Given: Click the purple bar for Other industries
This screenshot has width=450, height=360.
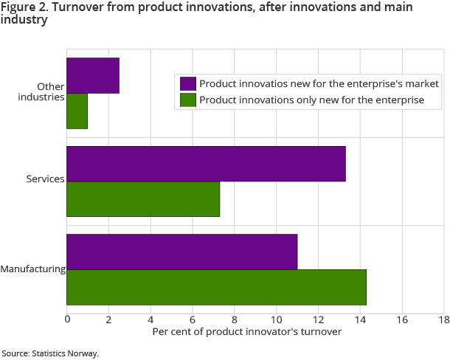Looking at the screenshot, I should click(x=93, y=76).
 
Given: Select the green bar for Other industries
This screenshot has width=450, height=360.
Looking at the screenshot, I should click(x=77, y=111).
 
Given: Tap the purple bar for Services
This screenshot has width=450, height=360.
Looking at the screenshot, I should click(x=206, y=164).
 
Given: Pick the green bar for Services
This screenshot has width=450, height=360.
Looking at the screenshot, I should click(x=143, y=199).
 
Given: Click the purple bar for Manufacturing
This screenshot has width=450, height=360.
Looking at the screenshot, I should click(x=182, y=252).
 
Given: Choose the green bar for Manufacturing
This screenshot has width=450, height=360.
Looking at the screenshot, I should click(x=216, y=287).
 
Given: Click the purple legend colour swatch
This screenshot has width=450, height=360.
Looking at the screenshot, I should click(x=187, y=83).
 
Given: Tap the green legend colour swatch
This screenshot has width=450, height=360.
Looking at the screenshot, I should click(x=187, y=100).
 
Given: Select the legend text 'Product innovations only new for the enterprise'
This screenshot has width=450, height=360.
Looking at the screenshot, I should click(x=311, y=100).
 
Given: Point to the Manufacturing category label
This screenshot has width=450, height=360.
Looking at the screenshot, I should click(x=33, y=269).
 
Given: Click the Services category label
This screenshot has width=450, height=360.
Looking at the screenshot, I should click(x=46, y=179).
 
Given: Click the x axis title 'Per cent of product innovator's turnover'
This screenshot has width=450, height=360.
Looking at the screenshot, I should click(x=247, y=332).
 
